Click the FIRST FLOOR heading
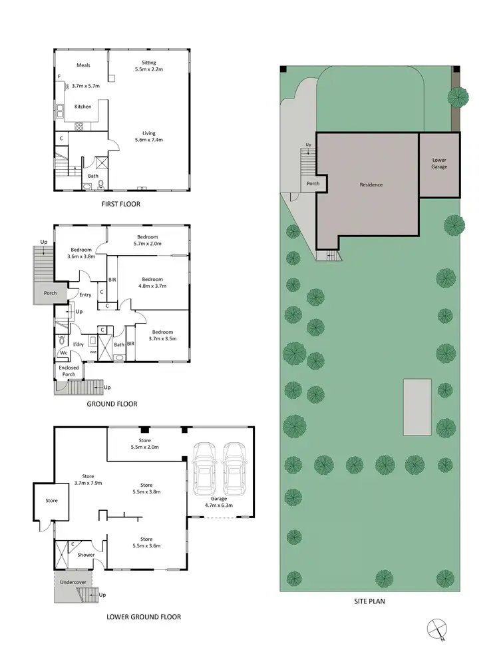121,204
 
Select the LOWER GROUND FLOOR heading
144,617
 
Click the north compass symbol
436,629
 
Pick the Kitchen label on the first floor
83,107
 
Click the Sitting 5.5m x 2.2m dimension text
148,69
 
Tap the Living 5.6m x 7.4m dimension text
148,140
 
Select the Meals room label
83,65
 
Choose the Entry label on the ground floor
86,295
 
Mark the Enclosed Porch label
69,370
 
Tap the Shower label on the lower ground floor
86,555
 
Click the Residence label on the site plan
371,184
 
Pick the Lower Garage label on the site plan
439,163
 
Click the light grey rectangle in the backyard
416,407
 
